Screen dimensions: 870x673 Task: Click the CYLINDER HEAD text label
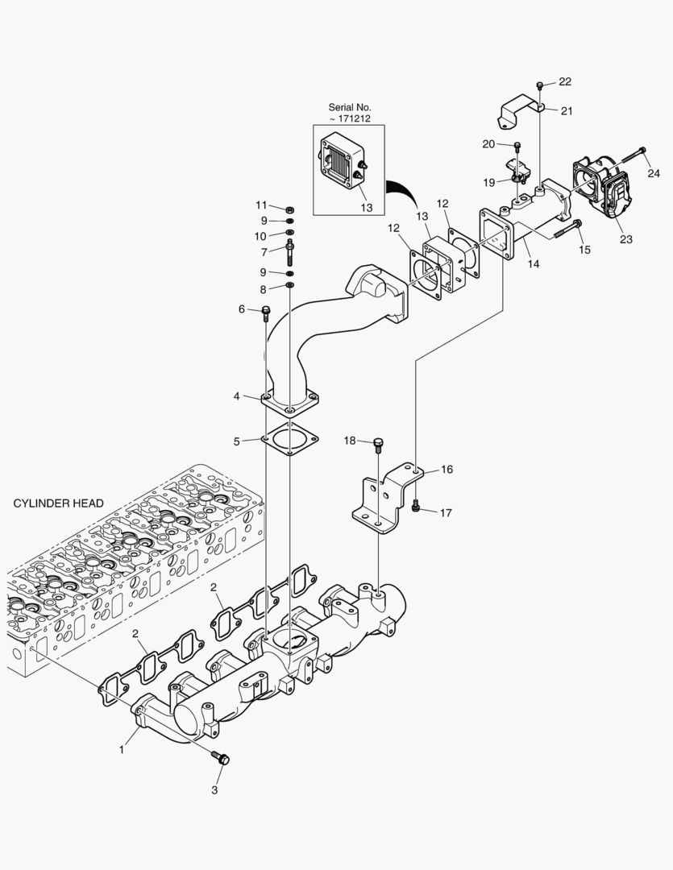point(58,503)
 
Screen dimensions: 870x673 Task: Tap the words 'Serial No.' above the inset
point(349,107)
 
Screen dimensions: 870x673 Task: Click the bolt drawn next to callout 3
point(220,757)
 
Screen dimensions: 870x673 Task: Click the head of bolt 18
point(379,441)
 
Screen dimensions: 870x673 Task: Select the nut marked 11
point(289,208)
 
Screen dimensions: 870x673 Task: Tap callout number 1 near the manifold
point(122,750)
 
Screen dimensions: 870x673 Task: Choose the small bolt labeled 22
point(540,85)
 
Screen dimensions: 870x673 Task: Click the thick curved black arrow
point(400,194)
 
